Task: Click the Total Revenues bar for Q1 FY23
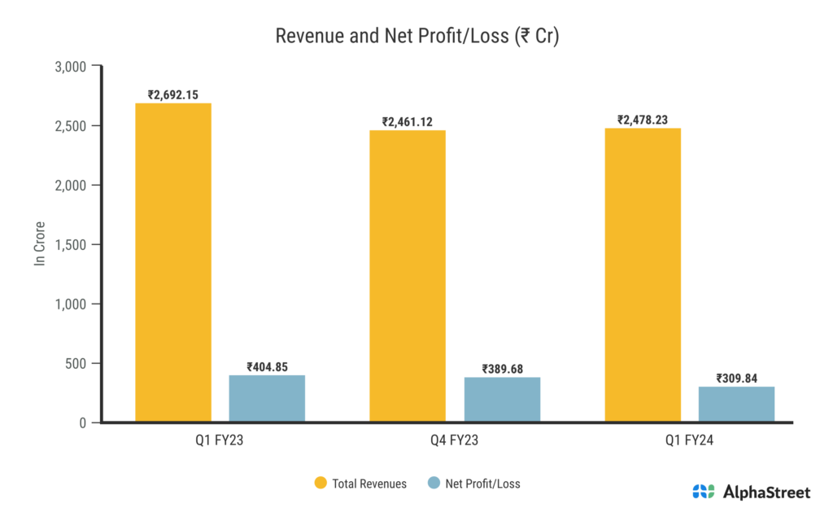click(173, 262)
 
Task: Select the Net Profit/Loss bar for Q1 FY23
click(267, 398)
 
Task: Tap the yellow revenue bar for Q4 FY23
click(408, 276)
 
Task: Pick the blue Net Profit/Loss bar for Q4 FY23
click(502, 399)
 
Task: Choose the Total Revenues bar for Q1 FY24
click(643, 275)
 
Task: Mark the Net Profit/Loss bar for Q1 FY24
click(736, 404)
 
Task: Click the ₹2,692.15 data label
click(173, 94)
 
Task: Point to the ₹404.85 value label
click(267, 366)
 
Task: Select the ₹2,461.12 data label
click(408, 122)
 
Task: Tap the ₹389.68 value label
click(502, 369)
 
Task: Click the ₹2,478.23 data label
click(643, 120)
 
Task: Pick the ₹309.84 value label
click(736, 378)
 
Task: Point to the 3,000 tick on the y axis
click(70, 67)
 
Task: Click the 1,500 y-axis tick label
click(70, 245)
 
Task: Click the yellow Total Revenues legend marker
click(321, 483)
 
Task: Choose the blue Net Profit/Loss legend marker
click(434, 483)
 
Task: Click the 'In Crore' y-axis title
click(38, 244)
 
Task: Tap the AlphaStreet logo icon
click(704, 492)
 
